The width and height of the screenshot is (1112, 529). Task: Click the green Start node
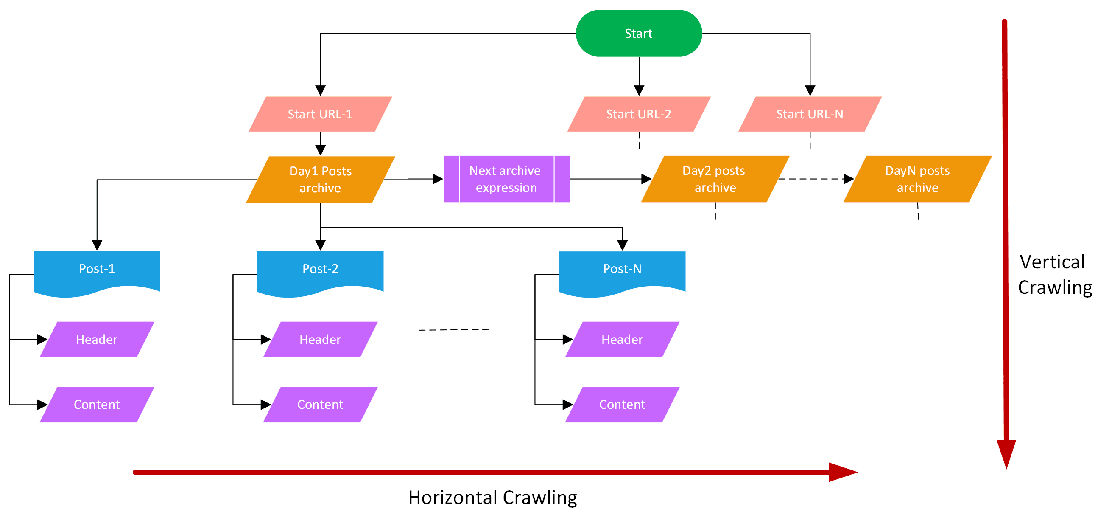(638, 33)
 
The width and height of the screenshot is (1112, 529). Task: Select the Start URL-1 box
(320, 114)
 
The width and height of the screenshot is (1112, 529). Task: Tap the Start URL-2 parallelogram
(638, 114)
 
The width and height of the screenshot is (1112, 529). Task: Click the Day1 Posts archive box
(320, 179)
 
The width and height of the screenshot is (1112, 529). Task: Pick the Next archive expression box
(506, 179)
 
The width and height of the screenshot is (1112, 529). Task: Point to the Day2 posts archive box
(715, 179)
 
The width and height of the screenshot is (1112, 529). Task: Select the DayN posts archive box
(917, 179)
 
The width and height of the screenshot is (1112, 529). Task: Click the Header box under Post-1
(97, 340)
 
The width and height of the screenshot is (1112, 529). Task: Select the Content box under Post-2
(320, 405)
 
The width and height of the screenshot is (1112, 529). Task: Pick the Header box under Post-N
(622, 340)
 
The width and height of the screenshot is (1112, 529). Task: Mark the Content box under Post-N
(622, 405)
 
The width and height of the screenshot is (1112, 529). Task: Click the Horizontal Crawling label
(492, 498)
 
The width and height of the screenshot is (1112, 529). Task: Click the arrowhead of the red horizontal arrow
(842, 472)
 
